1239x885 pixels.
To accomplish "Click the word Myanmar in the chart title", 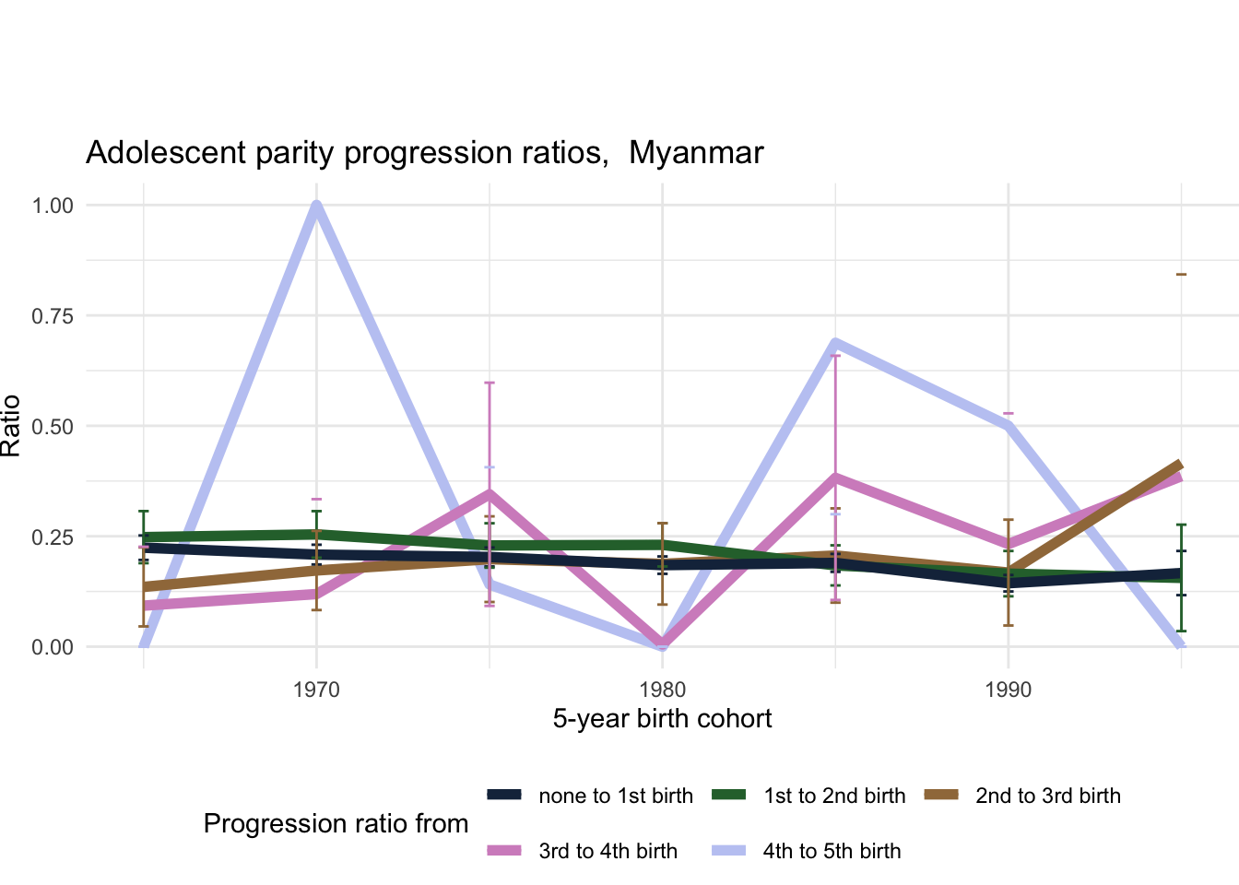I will (x=696, y=153).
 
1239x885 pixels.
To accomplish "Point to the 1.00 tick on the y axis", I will (x=53, y=206).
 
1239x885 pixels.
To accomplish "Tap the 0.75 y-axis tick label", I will (x=53, y=316).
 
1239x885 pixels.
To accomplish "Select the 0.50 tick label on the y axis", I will (x=53, y=426).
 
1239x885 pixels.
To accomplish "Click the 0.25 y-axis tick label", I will (x=53, y=537).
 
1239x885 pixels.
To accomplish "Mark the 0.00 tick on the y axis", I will (x=53, y=647).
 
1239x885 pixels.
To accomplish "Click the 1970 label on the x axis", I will (x=316, y=690).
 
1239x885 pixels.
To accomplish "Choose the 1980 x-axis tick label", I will (x=662, y=690).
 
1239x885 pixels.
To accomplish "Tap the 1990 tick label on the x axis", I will (x=1008, y=690).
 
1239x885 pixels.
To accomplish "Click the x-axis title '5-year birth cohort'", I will (x=662, y=719).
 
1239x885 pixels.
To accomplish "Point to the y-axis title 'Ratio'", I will (x=11, y=426).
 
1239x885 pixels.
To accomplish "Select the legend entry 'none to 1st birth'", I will (x=615, y=796).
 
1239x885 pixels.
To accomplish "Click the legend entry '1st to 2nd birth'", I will (x=834, y=796).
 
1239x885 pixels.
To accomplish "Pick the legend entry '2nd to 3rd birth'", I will (x=1047, y=796).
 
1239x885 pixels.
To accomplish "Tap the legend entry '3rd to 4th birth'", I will (x=608, y=852).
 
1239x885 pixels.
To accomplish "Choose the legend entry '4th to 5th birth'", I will (x=832, y=852).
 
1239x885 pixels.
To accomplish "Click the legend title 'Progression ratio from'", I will (x=336, y=824).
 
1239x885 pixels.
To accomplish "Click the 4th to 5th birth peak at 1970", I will (x=316, y=206).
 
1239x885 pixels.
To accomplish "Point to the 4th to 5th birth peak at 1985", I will (x=835, y=343).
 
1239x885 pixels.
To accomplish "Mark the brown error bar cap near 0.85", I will (x=1181, y=275).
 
